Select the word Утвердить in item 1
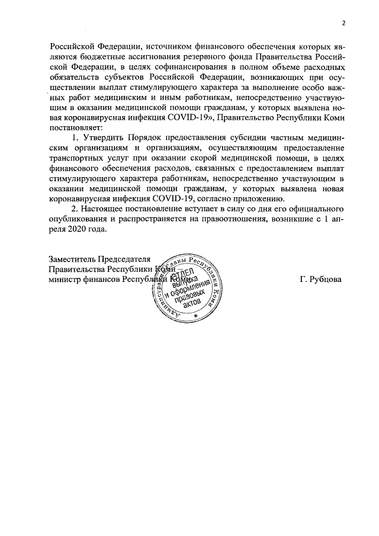(x=99, y=139)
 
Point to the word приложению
(x=265, y=198)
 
